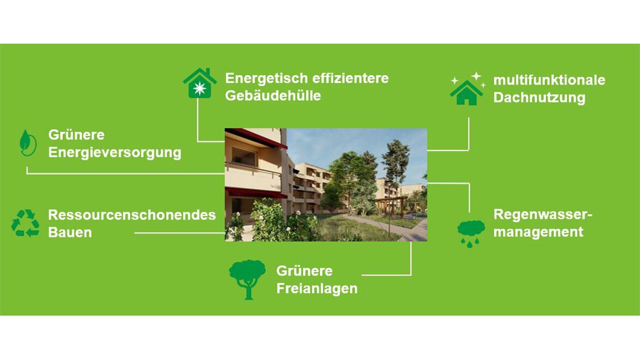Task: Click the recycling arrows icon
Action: pos(25,224)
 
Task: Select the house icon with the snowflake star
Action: pos(200,83)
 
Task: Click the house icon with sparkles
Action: pos(466,89)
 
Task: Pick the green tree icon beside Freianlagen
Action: pos(247,278)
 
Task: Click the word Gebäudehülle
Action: pos(273,96)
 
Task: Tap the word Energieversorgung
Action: pos(115,152)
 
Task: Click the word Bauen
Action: pos(70,232)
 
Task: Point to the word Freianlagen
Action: pos(316,288)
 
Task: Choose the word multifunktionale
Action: pos(549,80)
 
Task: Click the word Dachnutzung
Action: pos(539,98)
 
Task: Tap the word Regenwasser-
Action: pos(542,214)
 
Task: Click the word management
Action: pos(538,232)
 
